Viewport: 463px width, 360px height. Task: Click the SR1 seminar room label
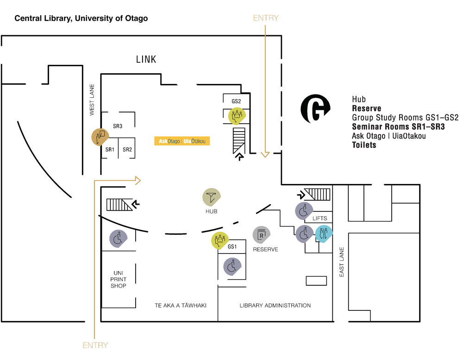tap(110, 149)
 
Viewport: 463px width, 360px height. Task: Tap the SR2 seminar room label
tap(127, 149)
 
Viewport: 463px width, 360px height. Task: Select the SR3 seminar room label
tap(118, 126)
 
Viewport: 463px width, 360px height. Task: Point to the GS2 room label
tap(237, 101)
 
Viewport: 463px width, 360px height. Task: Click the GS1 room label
tap(232, 246)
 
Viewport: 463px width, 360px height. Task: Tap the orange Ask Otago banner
tap(182, 141)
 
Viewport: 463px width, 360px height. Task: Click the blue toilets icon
tap(324, 234)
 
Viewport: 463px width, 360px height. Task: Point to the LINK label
tap(146, 59)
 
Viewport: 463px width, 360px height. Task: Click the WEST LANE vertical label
tap(92, 99)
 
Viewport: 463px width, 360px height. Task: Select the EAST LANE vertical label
tap(342, 262)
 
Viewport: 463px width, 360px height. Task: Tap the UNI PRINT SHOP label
tap(118, 279)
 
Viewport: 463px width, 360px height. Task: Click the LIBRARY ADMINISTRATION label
tap(275, 305)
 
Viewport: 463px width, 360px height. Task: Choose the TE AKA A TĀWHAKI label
tap(180, 305)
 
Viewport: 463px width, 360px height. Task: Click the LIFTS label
tap(319, 218)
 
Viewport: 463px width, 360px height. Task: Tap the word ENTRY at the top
tap(266, 18)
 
